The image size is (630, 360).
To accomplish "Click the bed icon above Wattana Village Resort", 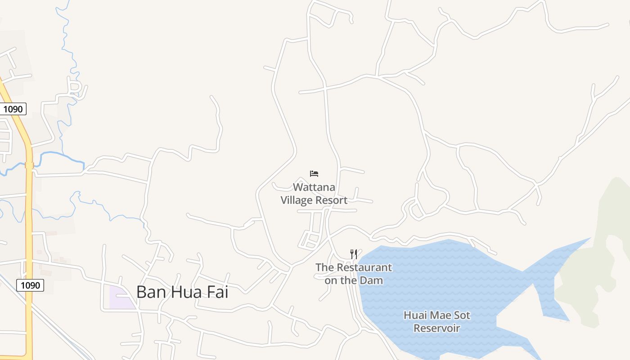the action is (314, 174).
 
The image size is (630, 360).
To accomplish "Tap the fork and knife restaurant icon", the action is (354, 254).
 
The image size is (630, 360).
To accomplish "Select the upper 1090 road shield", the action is (13, 109).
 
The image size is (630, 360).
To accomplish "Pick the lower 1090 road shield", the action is (30, 285).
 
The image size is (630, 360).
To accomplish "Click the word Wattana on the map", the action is (314, 187).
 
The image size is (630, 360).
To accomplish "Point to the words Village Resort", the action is (314, 200).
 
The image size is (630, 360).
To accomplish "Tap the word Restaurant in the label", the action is (364, 267).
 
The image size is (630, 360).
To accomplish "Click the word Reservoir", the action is (436, 328).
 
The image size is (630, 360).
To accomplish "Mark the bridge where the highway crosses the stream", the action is (29, 165).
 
